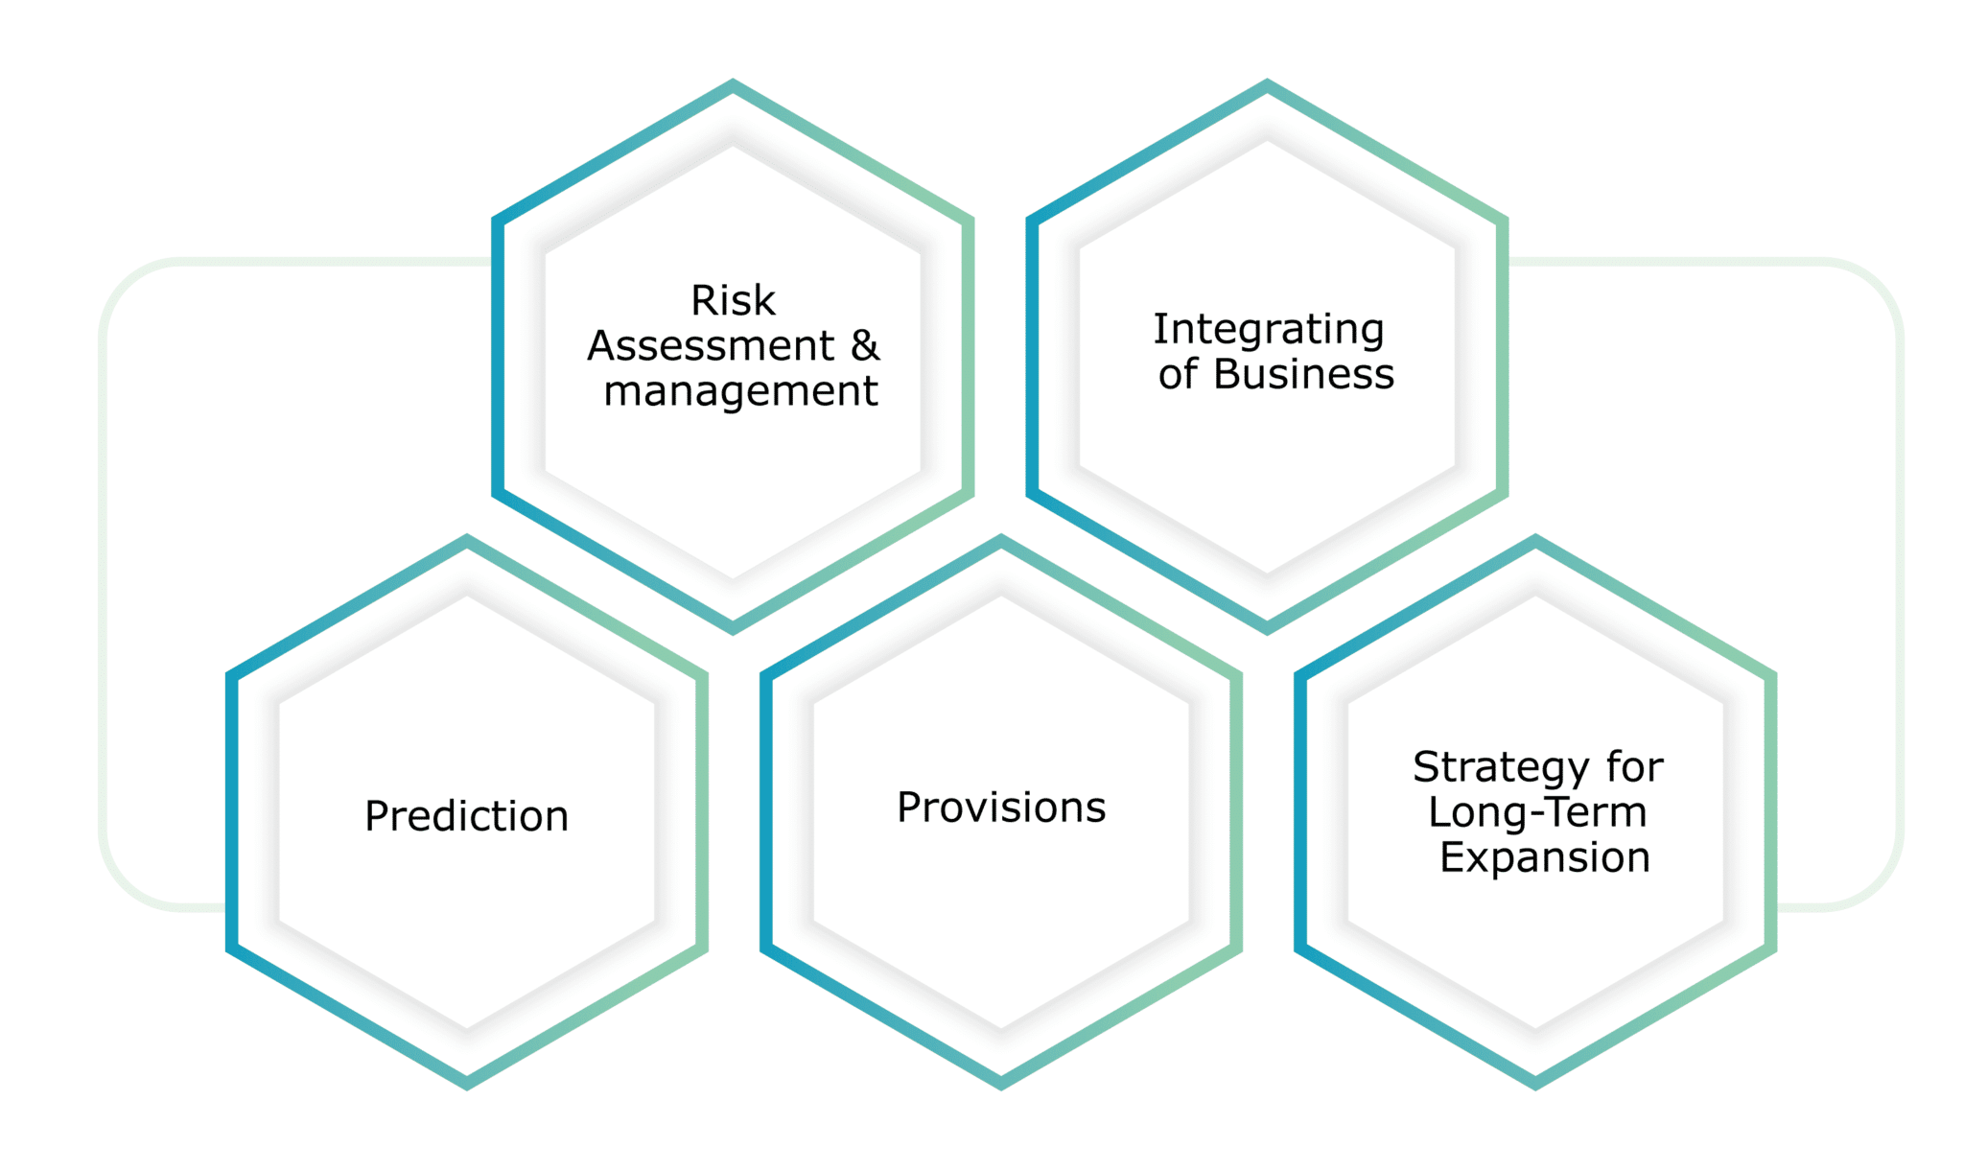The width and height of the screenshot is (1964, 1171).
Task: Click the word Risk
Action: (733, 300)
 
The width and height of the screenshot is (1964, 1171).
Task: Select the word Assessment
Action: (711, 345)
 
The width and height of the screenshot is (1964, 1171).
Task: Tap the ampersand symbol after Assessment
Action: (865, 345)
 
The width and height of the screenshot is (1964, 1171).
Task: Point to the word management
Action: (740, 391)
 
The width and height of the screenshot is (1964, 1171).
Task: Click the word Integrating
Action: (1269, 330)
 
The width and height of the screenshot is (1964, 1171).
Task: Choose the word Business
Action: (1303, 374)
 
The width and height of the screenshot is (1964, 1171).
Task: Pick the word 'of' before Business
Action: (1178, 374)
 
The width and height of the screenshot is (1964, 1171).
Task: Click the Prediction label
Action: (467, 816)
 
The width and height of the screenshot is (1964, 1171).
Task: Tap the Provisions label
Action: (1001, 808)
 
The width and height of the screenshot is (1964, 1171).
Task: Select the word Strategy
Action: (1501, 768)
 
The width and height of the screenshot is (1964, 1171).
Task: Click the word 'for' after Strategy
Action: (1635, 767)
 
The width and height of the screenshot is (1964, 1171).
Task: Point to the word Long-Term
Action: (1537, 812)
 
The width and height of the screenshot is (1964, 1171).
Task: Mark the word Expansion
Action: (1545, 857)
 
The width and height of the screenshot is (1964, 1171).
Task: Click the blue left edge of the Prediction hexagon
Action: (231, 812)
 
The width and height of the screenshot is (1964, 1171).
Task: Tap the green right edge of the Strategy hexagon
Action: (1771, 812)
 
